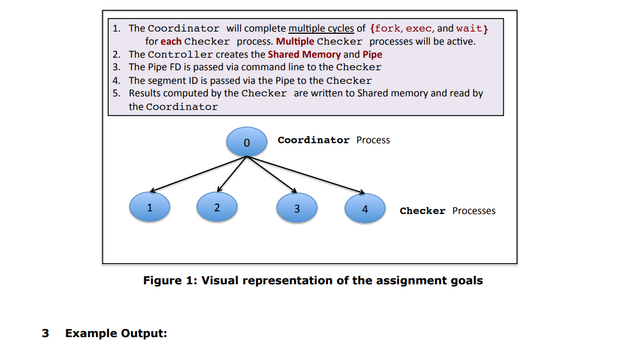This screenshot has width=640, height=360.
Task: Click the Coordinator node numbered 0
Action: (247, 142)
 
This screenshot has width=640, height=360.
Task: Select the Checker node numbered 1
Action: (150, 208)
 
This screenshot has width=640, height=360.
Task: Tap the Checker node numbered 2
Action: (217, 208)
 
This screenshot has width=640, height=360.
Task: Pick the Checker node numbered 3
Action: (297, 208)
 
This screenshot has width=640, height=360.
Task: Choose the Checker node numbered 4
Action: (365, 209)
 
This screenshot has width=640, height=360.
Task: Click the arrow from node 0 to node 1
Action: (199, 174)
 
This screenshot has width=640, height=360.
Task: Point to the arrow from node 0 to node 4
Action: (306, 174)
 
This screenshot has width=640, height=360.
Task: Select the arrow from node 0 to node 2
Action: (232, 174)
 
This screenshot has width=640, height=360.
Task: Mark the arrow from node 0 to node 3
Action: (272, 174)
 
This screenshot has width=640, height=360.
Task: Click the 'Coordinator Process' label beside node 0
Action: (334, 140)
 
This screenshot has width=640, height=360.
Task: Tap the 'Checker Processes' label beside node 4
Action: (447, 211)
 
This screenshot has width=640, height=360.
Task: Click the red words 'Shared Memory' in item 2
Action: (304, 54)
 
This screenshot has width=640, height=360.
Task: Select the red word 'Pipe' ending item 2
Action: (372, 54)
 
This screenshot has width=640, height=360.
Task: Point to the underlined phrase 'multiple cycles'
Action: (321, 28)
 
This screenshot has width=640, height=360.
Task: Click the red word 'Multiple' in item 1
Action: (295, 41)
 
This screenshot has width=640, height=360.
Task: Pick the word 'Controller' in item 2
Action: (180, 54)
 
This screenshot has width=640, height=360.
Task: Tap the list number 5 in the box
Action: (116, 93)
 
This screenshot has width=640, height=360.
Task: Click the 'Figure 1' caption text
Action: (313, 280)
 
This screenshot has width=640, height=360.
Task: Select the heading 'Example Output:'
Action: (116, 333)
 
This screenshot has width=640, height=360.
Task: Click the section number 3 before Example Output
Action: (45, 333)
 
